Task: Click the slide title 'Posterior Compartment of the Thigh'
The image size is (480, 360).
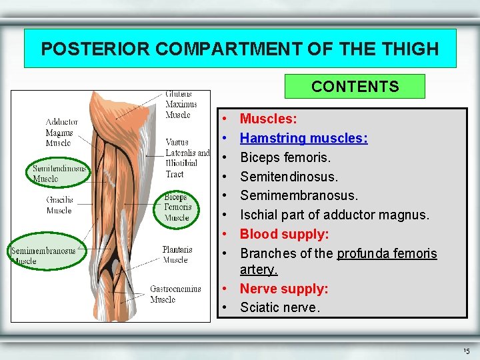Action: tap(240, 49)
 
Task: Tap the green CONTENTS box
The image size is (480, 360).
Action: tap(355, 87)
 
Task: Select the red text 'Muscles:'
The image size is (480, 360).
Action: tap(269, 119)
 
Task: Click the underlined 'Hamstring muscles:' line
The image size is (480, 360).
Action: tap(304, 138)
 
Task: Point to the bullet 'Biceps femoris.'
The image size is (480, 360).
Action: tap(285, 157)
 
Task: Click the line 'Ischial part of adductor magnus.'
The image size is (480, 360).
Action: tap(335, 215)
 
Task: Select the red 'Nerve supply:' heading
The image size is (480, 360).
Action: tap(284, 289)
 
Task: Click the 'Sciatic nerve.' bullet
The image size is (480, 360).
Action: tap(280, 307)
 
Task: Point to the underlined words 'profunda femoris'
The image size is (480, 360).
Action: tap(387, 253)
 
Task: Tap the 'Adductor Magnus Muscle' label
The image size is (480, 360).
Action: tap(62, 132)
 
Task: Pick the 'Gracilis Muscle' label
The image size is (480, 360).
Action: tap(59, 205)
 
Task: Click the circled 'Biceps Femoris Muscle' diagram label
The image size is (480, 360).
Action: tap(177, 207)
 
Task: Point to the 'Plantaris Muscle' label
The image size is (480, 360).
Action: tap(177, 255)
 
